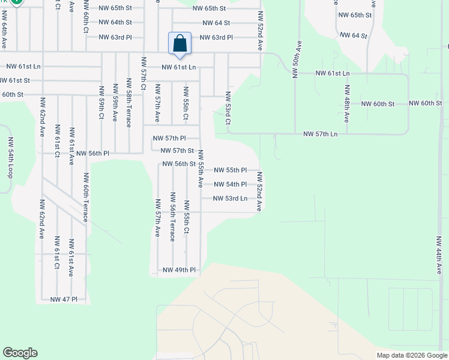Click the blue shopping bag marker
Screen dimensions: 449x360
(179, 43)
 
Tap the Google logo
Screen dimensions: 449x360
(20, 353)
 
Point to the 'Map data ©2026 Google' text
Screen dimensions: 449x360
(412, 355)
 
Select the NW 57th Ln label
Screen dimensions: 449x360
(321, 134)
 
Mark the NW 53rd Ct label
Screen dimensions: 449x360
(228, 108)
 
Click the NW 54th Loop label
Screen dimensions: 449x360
(10, 157)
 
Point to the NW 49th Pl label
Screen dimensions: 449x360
(179, 270)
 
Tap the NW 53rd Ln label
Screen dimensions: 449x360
(230, 199)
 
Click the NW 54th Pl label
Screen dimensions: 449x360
(230, 184)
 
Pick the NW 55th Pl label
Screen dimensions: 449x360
(230, 170)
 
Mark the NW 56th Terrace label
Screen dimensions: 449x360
(172, 217)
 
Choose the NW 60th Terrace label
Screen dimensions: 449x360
(86, 197)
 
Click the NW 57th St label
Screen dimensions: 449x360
(177, 151)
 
